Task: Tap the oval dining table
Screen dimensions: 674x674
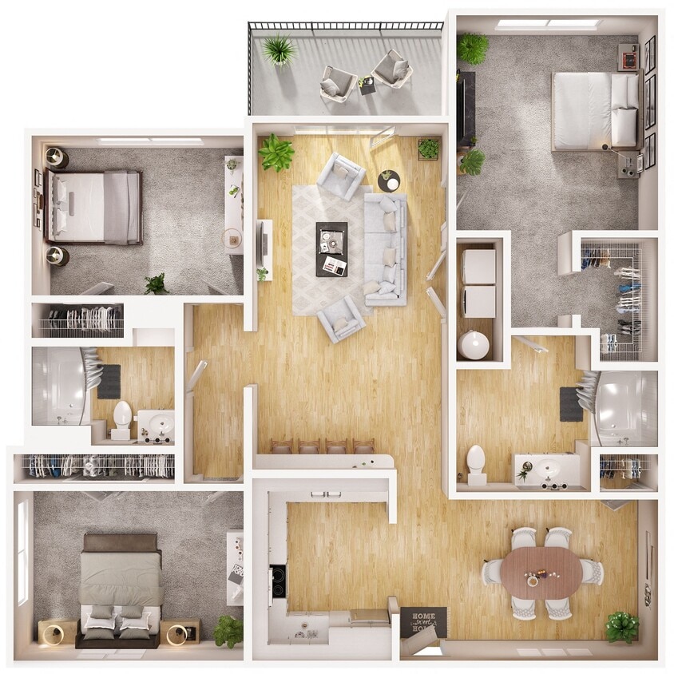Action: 542,572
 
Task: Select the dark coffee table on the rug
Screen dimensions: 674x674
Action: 331,248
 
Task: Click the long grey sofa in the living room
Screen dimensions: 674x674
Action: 386,249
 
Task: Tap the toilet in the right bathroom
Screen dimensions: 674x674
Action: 476,464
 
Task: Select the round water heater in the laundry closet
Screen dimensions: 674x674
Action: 474,345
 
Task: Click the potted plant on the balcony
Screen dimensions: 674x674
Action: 279,51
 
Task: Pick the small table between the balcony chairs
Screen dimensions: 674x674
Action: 367,84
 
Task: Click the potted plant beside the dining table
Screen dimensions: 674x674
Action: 621,626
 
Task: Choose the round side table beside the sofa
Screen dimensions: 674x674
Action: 389,180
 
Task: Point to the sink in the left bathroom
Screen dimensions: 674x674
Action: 157,424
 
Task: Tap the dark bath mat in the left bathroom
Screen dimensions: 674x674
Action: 109,381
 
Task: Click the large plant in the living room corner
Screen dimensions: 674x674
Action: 276,152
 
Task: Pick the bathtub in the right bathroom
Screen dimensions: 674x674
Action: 625,408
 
